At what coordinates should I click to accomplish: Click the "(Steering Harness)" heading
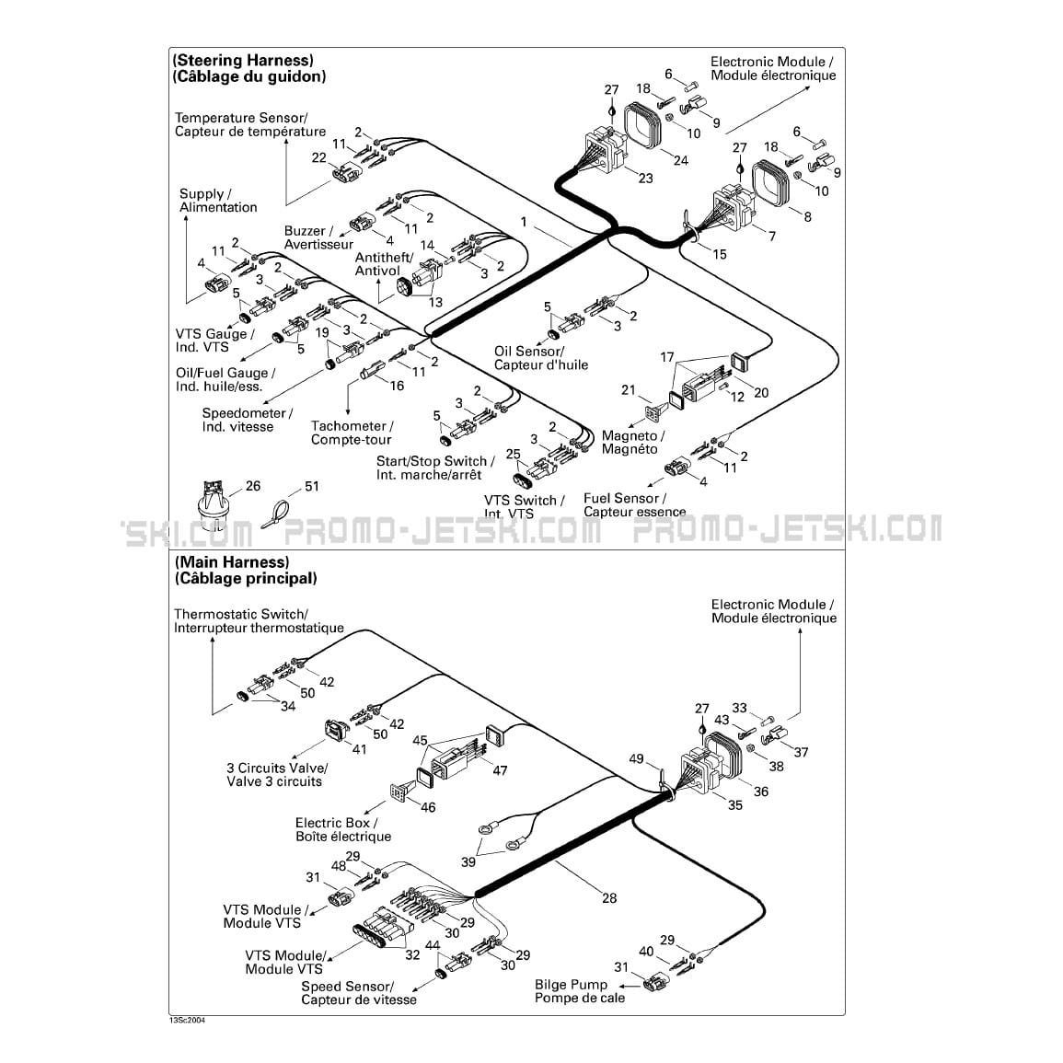coord(243,61)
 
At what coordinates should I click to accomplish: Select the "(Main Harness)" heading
coord(232,562)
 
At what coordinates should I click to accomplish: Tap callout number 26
coord(253,486)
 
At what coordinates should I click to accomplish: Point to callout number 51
coord(312,486)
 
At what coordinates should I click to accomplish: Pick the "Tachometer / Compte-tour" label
coord(352,433)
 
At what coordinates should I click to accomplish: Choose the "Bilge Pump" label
coord(571,985)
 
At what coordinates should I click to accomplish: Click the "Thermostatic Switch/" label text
coord(240,614)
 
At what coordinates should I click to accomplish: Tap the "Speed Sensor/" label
coord(347,987)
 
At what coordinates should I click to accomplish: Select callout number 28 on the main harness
coord(609,898)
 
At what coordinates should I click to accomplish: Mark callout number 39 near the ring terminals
coord(468,862)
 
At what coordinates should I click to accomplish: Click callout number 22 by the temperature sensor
coord(318,157)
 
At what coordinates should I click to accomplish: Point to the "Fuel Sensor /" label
coord(625,498)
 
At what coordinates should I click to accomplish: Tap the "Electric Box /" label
coord(336,823)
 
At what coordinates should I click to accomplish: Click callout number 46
coord(428,807)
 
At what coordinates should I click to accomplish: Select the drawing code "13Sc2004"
coord(187,1021)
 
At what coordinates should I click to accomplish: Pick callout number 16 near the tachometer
coord(397,386)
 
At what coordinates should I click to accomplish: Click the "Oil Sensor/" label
coord(529,352)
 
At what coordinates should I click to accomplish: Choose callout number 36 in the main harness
coord(760,791)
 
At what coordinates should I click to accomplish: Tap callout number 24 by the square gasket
coord(681,160)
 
